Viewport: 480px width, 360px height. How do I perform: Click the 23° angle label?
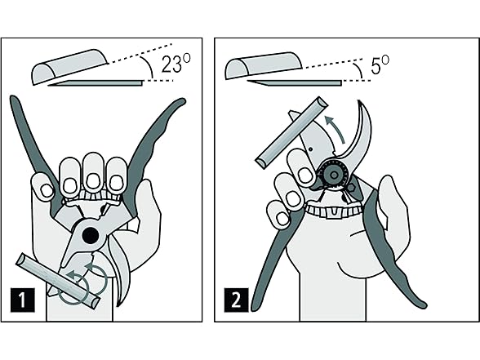(x=176, y=64)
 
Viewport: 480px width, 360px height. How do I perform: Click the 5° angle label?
(x=380, y=65)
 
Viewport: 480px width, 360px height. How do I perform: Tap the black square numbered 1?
(x=23, y=300)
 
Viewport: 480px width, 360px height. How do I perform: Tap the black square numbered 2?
(x=237, y=300)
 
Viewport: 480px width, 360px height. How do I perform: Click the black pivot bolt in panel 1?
(x=91, y=235)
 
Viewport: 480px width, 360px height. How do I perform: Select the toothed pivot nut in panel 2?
(x=334, y=175)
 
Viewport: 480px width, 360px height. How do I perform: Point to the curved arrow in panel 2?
(x=335, y=129)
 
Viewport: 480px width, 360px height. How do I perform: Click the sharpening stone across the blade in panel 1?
(x=59, y=281)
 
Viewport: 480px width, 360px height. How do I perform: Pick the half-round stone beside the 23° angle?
(x=70, y=66)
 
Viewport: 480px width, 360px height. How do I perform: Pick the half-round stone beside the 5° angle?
(x=264, y=66)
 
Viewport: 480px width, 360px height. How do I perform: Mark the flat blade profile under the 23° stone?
(x=96, y=83)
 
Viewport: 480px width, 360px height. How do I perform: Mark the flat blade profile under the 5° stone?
(x=295, y=82)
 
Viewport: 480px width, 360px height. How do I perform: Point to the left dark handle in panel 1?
(x=35, y=153)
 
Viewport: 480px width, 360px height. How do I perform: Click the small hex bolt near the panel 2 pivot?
(x=353, y=188)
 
